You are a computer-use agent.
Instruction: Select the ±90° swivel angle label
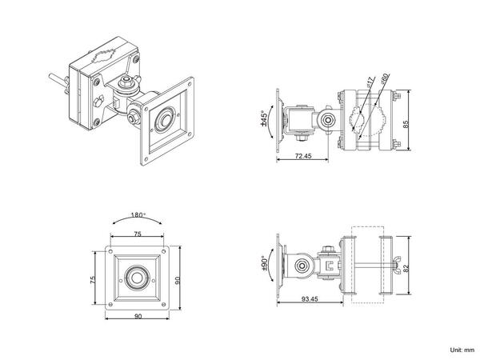[265, 265]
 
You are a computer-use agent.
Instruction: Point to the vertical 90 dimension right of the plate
[181, 280]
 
